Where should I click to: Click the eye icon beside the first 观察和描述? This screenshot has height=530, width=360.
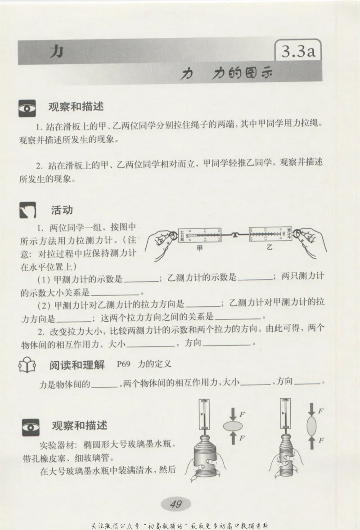pyautogui.click(x=28, y=108)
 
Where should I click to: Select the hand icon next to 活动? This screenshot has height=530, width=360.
pyautogui.click(x=28, y=211)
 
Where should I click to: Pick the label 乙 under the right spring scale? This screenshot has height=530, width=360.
pyautogui.click(x=270, y=247)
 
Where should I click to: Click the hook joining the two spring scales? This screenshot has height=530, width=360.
pyautogui.click(x=234, y=233)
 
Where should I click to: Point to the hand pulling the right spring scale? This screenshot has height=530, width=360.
pyautogui.click(x=310, y=241)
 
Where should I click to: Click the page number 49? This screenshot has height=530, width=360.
pyautogui.click(x=175, y=504)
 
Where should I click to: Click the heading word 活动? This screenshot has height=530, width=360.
pyautogui.click(x=62, y=211)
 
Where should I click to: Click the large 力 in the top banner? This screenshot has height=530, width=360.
pyautogui.click(x=56, y=52)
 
